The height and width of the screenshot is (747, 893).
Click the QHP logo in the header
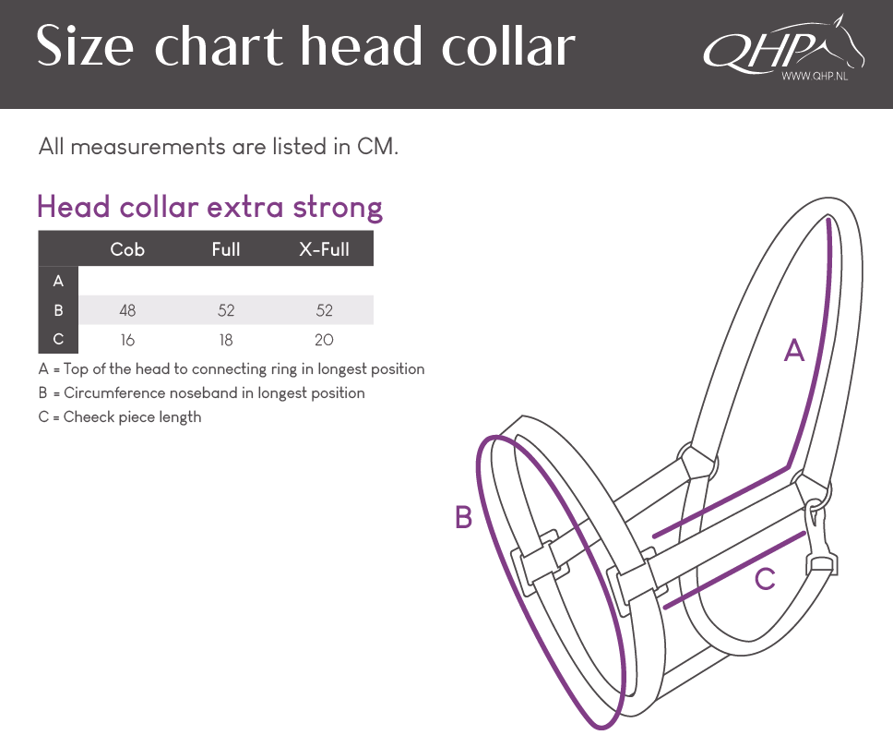[x=783, y=47]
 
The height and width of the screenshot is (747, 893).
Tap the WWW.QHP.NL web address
[x=815, y=76]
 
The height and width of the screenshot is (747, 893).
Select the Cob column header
[x=127, y=249]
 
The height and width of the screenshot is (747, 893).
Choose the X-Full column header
[x=324, y=249]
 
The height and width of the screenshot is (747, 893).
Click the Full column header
[x=225, y=249]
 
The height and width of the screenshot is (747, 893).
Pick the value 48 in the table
[x=127, y=310]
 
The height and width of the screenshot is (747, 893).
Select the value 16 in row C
[x=127, y=340]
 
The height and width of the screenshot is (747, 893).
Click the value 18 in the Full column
[x=225, y=340]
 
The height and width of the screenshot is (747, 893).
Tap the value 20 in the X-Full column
[x=324, y=340]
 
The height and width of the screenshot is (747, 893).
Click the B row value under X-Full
[x=324, y=310]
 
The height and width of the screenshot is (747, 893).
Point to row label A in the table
[x=58, y=281]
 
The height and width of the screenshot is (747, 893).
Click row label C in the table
[x=58, y=339]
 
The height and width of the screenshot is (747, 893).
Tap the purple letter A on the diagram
[x=794, y=350]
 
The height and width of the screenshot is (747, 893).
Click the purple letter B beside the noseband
[x=464, y=517]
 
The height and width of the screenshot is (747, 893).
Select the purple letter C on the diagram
[x=764, y=579]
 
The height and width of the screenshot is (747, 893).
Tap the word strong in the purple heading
[x=338, y=208]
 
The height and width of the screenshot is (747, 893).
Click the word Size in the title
[x=85, y=45]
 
